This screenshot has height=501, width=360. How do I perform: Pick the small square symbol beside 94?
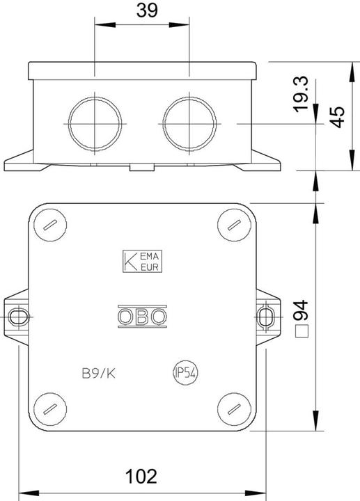(x=302, y=332)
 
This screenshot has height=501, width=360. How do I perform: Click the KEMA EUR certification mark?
(x=142, y=261)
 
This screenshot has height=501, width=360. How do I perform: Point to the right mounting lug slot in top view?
(x=265, y=317)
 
